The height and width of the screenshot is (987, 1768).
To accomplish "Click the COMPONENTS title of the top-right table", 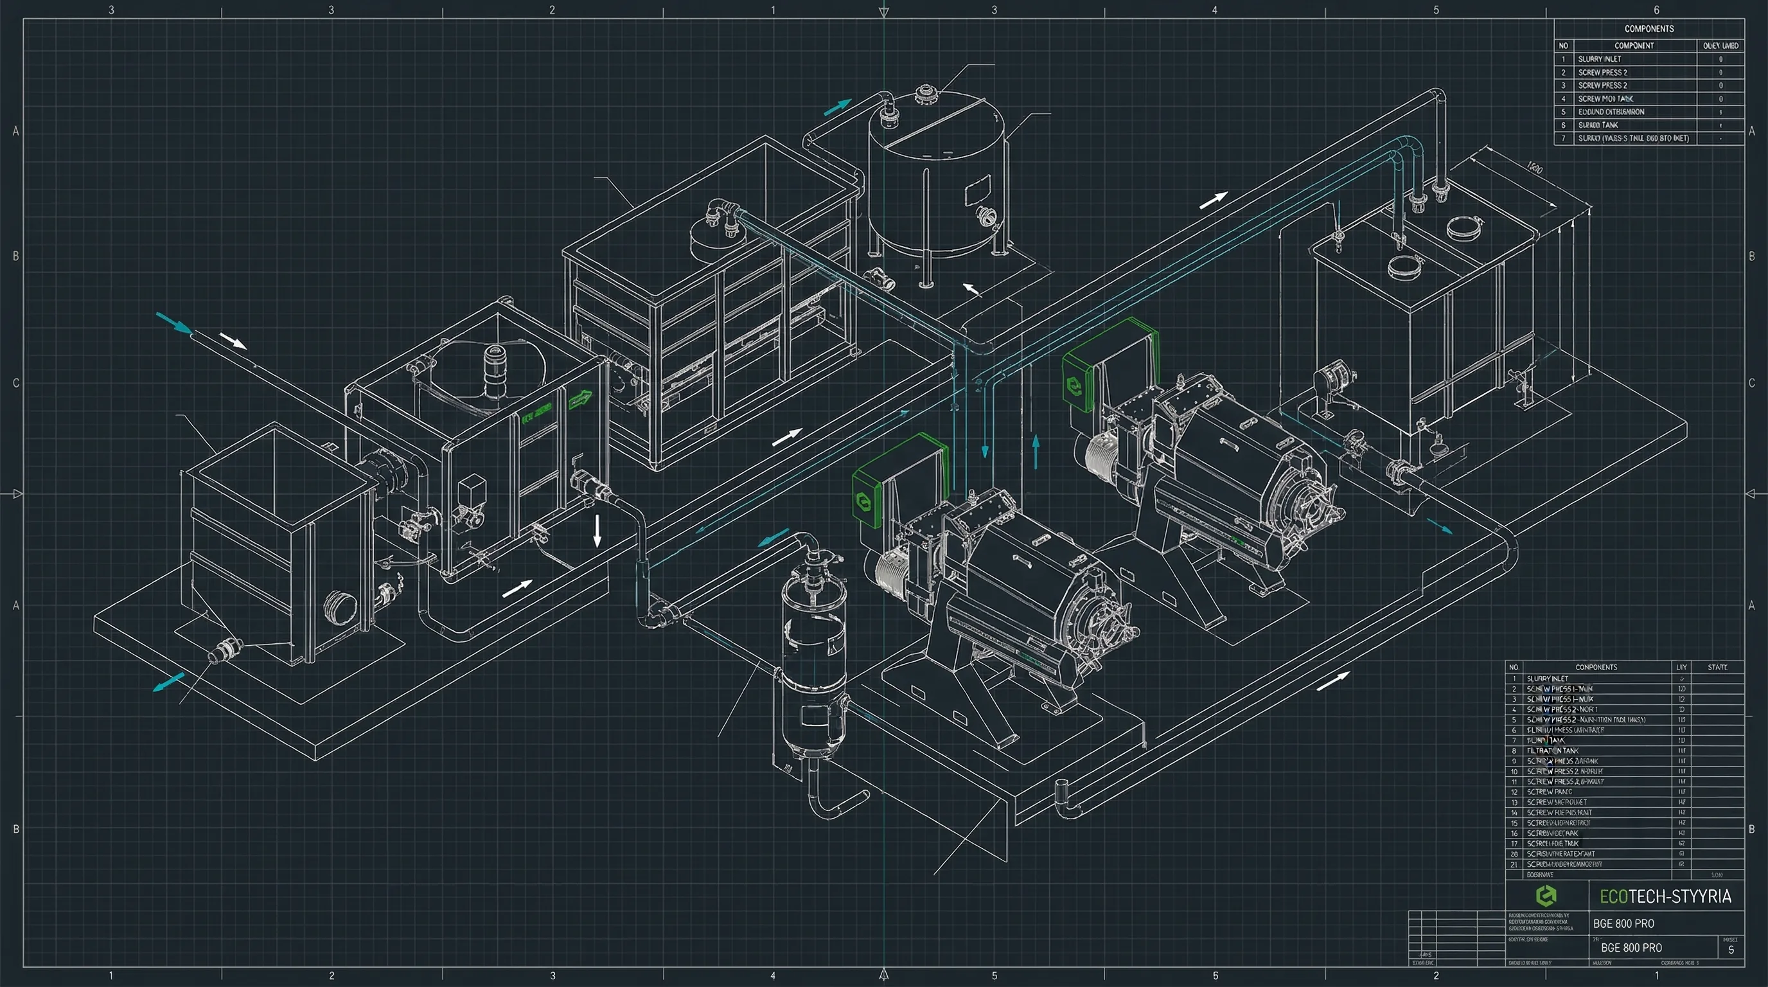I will (1649, 29).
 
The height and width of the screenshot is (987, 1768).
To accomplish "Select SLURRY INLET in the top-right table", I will (1599, 59).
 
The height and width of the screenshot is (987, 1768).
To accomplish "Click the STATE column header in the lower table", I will (1717, 667).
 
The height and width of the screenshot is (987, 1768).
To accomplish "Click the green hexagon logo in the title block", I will (1546, 896).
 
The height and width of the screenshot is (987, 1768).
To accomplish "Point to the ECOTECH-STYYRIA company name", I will (1665, 896).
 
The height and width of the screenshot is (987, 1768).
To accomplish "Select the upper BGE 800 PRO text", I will (1623, 924).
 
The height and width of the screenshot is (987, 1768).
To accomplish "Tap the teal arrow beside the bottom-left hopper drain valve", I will (168, 682).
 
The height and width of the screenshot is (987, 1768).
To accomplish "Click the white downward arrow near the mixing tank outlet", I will (597, 531).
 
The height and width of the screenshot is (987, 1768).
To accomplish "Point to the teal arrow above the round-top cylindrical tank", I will (836, 107).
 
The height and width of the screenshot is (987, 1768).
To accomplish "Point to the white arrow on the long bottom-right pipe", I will (1333, 682).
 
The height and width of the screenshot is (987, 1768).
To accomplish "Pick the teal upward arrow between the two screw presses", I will (1036, 452).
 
